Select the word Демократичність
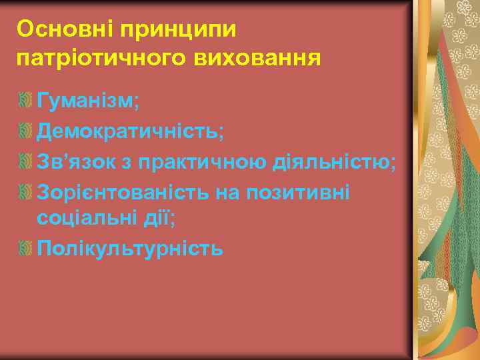(x=131, y=131)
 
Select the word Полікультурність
(x=130, y=248)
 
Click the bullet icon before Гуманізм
(x=26, y=101)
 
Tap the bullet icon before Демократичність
(x=26, y=131)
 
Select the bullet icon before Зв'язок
(x=26, y=161)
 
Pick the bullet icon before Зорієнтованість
(x=26, y=191)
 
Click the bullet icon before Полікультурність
(x=26, y=249)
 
